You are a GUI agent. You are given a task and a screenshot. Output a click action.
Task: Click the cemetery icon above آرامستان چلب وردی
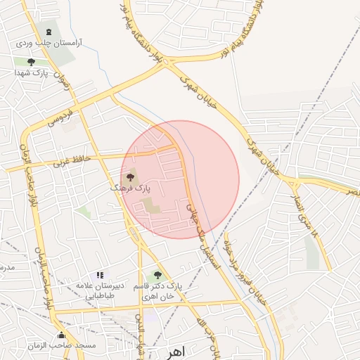click(48, 32)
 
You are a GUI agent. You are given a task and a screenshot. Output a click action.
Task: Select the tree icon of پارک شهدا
click(30, 62)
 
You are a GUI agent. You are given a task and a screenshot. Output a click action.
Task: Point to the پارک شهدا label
click(37, 73)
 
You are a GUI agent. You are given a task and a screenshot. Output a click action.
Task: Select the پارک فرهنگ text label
click(131, 188)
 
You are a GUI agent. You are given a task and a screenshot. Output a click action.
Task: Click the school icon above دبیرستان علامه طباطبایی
click(100, 275)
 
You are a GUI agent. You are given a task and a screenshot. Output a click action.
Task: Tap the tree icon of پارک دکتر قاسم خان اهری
click(156, 275)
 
